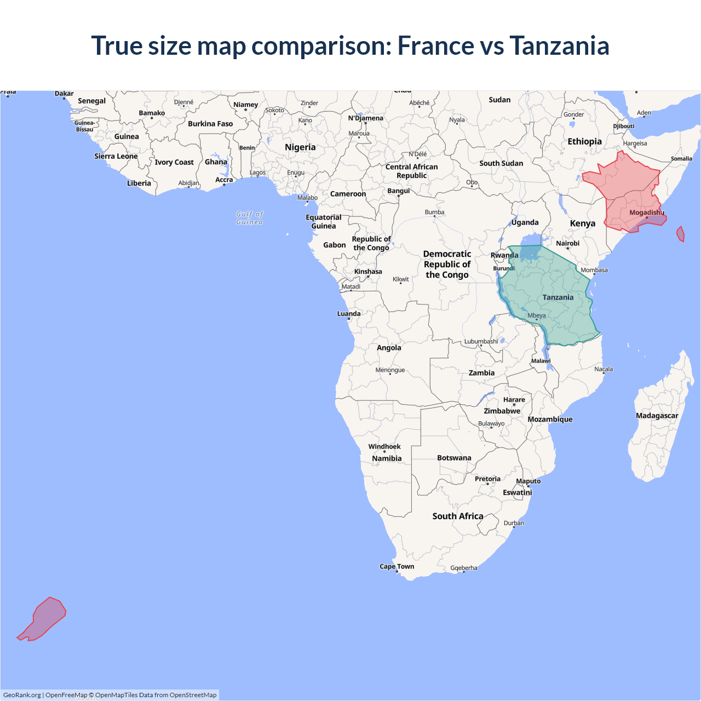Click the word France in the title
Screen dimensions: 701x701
(435, 45)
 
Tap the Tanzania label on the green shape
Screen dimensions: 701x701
(558, 297)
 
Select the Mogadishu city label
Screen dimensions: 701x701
(646, 212)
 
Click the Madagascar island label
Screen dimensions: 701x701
(657, 416)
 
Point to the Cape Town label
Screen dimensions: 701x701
(397, 566)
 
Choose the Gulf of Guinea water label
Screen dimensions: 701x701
(250, 218)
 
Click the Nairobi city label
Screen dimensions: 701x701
(567, 243)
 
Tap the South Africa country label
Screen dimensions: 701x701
(457, 516)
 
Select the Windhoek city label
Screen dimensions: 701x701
(384, 446)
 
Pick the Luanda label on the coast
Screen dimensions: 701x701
(349, 314)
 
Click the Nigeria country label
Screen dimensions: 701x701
(300, 147)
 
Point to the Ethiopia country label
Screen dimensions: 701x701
(584, 141)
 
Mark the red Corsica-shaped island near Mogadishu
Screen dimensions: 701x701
(681, 234)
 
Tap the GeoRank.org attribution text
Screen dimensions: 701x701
(22, 695)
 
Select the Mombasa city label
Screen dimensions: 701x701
(594, 270)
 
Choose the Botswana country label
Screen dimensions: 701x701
(454, 458)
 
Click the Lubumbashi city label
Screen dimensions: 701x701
(481, 341)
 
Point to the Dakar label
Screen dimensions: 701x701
(64, 94)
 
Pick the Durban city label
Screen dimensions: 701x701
(514, 523)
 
